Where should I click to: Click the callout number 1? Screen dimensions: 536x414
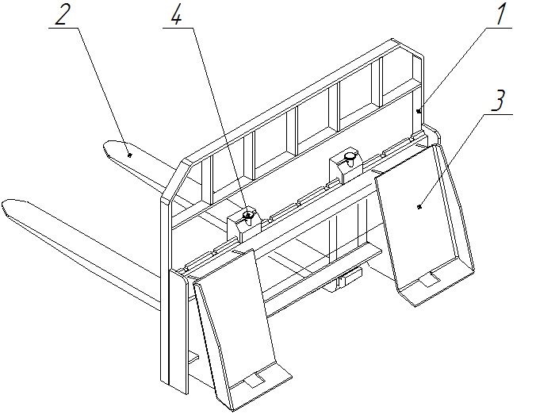point(501,13)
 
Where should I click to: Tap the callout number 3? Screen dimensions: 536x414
point(498,101)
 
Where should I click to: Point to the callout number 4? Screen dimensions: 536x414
point(176,14)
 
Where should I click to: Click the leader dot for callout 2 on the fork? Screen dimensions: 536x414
point(129,155)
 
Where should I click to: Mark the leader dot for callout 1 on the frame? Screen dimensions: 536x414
point(418,111)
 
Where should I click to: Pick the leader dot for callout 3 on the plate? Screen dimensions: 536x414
point(419,206)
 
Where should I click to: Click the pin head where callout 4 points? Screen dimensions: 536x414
point(248,216)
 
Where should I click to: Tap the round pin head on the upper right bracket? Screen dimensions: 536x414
point(350,157)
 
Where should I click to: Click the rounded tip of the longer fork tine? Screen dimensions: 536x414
point(5,206)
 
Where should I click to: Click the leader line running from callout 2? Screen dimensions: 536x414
point(102,91)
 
